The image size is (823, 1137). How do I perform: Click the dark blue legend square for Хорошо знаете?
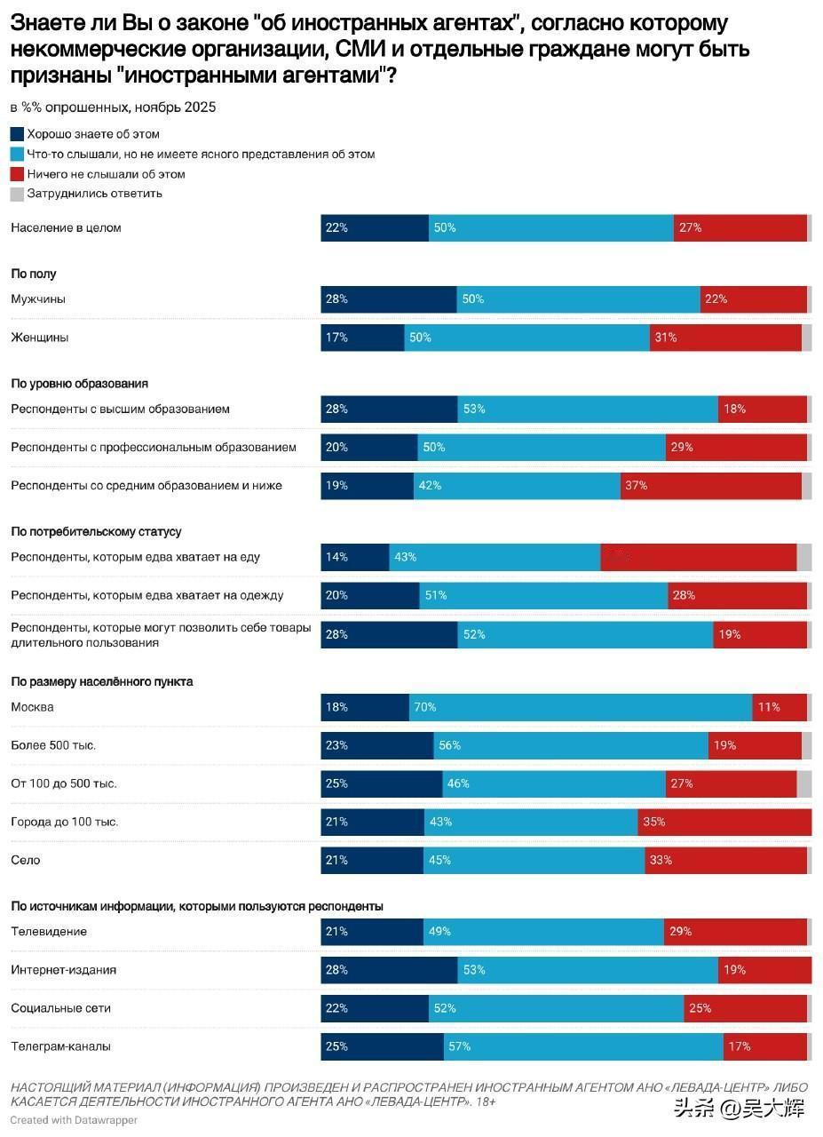(17, 134)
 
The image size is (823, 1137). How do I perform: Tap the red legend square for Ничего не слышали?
(17, 174)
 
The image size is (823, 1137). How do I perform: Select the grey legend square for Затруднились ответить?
(17, 194)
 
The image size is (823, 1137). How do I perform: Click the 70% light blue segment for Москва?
(581, 707)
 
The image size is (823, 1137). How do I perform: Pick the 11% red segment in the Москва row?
(779, 707)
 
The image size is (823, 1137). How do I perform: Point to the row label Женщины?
(40, 338)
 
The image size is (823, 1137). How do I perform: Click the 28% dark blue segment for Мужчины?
(389, 299)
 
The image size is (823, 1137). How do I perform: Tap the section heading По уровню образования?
(79, 384)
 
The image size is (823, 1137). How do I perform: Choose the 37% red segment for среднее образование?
(710, 486)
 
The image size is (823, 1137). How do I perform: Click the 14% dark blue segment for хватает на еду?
(355, 557)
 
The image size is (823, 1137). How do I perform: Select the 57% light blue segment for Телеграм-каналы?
(583, 1046)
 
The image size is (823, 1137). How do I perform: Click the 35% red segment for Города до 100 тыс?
(724, 822)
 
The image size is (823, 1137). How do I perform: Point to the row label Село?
(26, 860)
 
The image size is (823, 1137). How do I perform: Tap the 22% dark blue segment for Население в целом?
(375, 227)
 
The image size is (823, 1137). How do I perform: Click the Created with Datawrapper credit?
(74, 1120)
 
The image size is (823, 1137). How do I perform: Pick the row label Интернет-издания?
(64, 970)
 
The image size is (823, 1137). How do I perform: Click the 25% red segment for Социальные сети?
(746, 1008)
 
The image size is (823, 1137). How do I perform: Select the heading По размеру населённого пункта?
(102, 682)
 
